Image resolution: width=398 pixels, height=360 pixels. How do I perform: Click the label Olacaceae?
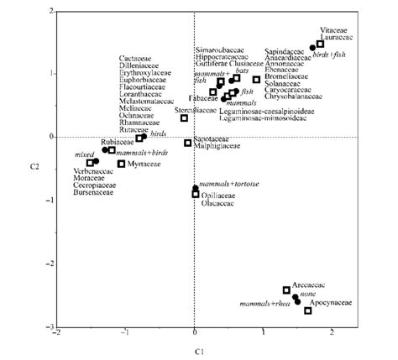click(217, 202)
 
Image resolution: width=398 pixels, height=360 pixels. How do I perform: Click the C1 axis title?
click(194, 347)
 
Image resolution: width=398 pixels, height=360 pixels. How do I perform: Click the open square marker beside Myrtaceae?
click(122, 164)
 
